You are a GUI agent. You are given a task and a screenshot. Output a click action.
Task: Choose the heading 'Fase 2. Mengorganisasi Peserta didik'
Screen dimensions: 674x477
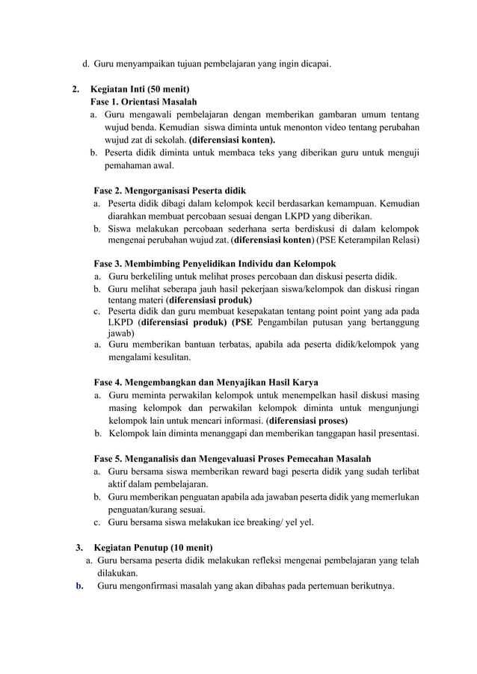(170, 191)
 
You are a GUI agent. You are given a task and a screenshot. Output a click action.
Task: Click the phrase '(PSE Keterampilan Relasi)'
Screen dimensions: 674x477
(368, 240)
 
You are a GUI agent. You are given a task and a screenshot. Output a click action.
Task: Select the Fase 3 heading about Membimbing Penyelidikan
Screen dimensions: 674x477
(215, 264)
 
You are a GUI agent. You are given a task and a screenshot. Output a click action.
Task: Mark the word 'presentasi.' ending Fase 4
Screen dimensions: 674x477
(395, 433)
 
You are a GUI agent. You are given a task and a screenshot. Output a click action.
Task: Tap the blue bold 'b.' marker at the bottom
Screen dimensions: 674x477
(79, 586)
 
